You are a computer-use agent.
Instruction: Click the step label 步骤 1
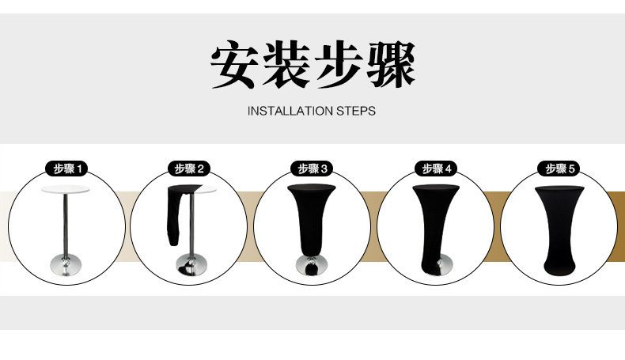(x=67, y=169)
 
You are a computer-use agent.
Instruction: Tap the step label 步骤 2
(x=190, y=169)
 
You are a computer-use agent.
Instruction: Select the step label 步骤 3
(x=312, y=169)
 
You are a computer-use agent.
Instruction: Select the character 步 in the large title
(x=339, y=64)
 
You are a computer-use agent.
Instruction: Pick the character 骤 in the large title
(x=389, y=64)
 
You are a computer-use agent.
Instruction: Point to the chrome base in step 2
(x=189, y=267)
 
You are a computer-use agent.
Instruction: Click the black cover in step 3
(x=312, y=222)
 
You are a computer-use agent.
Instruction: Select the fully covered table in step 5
(x=560, y=229)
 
